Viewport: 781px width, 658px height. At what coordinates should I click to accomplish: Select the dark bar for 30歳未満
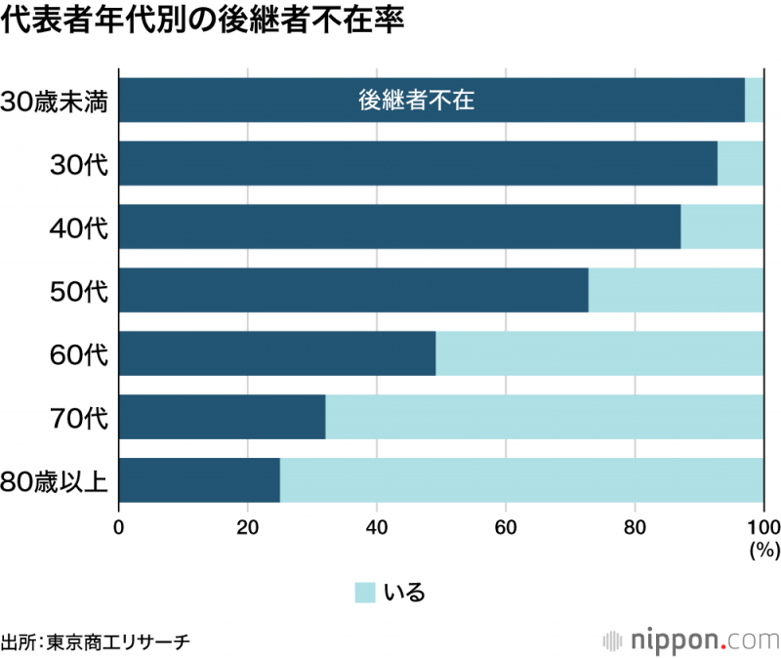(244, 100)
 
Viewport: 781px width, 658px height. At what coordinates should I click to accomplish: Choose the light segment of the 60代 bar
(599, 353)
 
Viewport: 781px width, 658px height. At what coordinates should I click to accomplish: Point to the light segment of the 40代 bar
(721, 226)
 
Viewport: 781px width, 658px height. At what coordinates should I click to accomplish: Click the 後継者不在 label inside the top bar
(416, 100)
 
